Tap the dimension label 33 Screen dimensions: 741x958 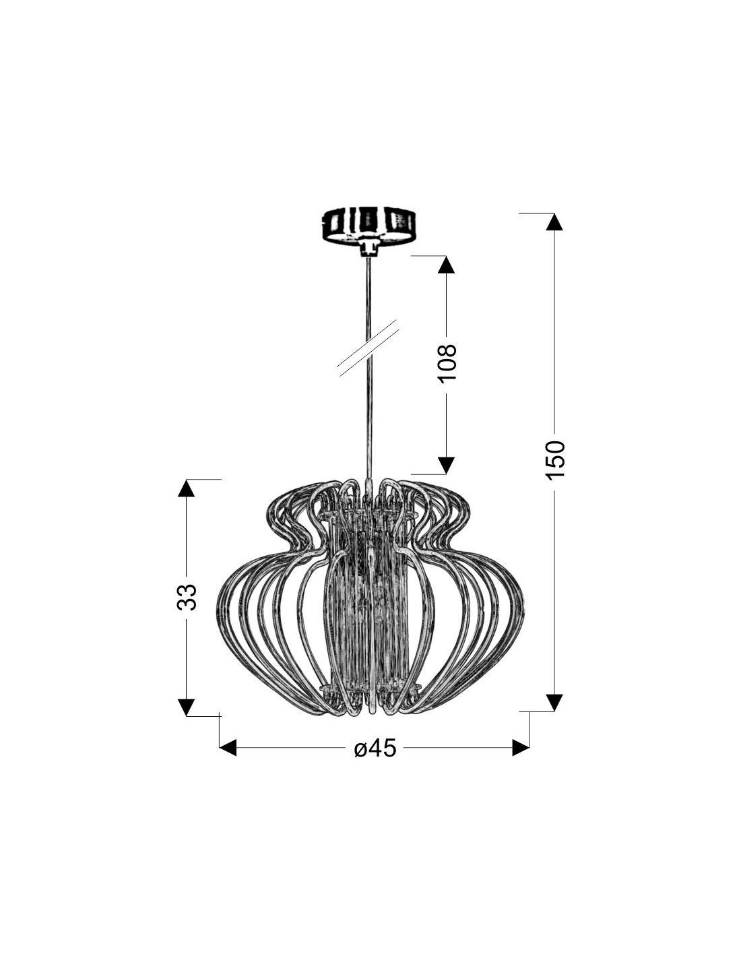(186, 597)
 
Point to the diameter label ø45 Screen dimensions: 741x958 (375, 748)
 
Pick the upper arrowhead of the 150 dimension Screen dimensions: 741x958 (554, 222)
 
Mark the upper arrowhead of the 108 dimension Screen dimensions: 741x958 (447, 265)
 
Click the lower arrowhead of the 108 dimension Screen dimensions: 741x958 (447, 466)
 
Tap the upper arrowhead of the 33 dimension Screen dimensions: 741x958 (186, 488)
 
